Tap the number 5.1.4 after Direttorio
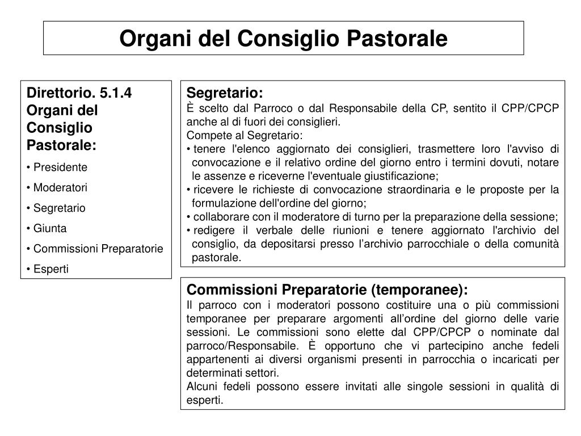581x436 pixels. [x=116, y=93]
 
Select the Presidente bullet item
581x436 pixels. [x=60, y=167]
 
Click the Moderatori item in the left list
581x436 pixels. [x=60, y=187]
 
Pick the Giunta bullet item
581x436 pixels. [x=50, y=228]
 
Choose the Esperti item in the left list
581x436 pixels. [x=51, y=269]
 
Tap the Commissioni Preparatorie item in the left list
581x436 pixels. [x=98, y=249]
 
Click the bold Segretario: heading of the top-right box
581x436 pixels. [x=225, y=93]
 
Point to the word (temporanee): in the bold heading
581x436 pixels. [x=420, y=290]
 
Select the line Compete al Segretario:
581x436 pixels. [x=245, y=135]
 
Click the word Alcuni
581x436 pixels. [x=202, y=386]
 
